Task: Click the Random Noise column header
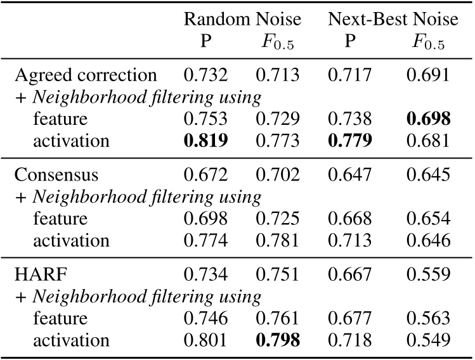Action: click(242, 20)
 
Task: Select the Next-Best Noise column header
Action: click(393, 20)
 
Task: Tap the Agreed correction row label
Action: click(86, 75)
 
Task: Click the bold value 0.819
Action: click(205, 141)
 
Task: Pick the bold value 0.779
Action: click(349, 141)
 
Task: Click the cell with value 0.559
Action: click(429, 274)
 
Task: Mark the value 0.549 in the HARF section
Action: click(429, 340)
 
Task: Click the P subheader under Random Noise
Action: click(205, 42)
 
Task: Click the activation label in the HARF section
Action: click(71, 340)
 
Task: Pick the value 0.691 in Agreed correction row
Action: click(429, 75)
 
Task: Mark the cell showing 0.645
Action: click(429, 175)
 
